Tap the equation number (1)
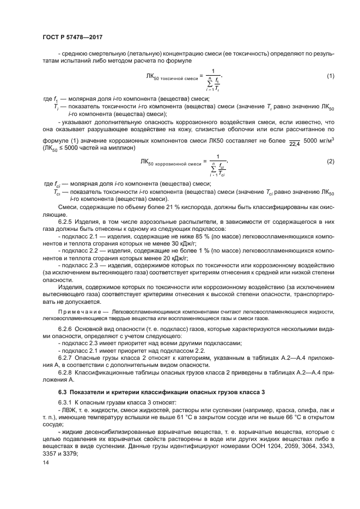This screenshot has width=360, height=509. (x=330, y=76)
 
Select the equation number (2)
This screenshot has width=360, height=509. (x=330, y=162)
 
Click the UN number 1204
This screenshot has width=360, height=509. (x=245, y=443)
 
